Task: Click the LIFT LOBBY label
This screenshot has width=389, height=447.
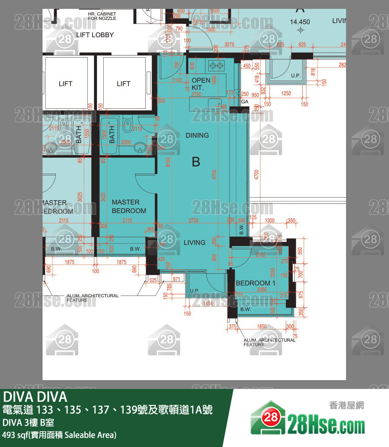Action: (95, 35)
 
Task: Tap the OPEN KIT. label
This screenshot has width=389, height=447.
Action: (201, 84)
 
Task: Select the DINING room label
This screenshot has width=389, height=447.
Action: (197, 135)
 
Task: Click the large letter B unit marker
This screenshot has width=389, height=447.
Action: (196, 162)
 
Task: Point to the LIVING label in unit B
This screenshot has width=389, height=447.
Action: (194, 242)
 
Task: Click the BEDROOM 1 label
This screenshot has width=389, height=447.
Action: (256, 283)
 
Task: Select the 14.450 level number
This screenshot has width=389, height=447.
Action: (300, 22)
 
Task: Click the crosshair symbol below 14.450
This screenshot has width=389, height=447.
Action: (301, 30)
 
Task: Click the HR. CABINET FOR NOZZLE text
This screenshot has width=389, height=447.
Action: (102, 16)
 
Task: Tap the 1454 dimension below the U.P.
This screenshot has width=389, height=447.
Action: (207, 303)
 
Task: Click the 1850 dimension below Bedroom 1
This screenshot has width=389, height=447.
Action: (262, 327)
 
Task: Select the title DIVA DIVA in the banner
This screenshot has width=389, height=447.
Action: (35, 396)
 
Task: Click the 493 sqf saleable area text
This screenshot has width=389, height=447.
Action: (59, 435)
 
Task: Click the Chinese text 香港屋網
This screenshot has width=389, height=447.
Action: (346, 405)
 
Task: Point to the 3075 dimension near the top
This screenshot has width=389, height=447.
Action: (229, 45)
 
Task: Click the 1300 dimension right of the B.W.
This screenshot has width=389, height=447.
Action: (269, 221)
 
